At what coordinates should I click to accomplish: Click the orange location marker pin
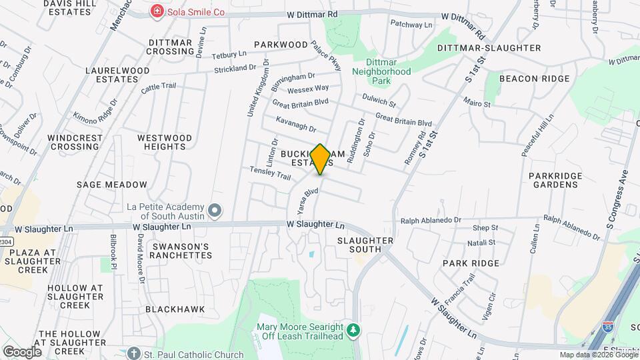[x=321, y=159]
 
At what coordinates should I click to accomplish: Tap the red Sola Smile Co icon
[x=157, y=11]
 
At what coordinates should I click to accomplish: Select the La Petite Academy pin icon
[x=215, y=211]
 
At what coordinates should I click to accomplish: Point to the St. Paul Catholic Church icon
[x=134, y=353]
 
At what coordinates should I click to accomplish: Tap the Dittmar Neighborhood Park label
[x=381, y=71]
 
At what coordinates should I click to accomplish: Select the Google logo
[x=22, y=351]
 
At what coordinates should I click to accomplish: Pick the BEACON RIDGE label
[x=535, y=79]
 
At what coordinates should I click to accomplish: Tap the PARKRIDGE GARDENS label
[x=555, y=180]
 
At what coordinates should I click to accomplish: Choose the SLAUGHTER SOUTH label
[x=365, y=245]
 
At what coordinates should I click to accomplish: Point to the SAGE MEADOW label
[x=111, y=185]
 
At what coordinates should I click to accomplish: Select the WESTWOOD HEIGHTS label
[x=164, y=142]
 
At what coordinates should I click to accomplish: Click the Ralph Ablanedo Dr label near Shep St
[x=430, y=220]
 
